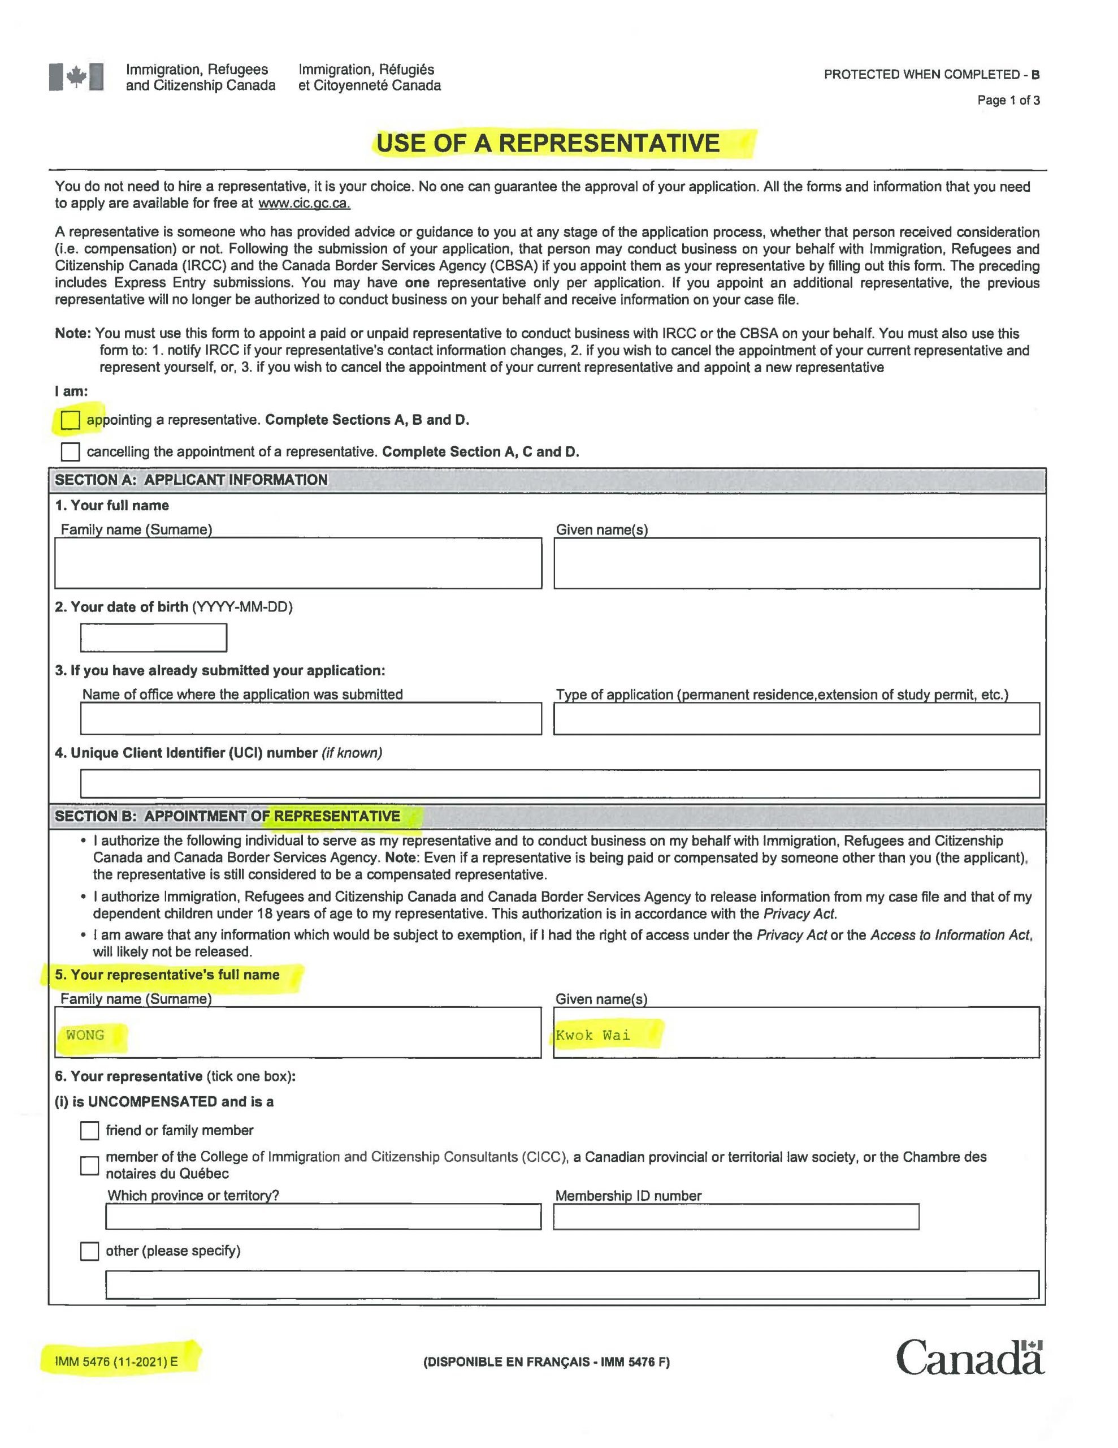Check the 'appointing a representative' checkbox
(x=70, y=420)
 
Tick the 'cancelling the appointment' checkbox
(x=70, y=451)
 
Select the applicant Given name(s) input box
(x=796, y=563)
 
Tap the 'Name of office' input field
(x=310, y=719)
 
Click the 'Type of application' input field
(x=796, y=719)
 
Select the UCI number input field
(x=560, y=783)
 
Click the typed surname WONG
(x=85, y=1035)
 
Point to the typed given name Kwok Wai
(x=592, y=1035)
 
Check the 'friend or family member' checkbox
(x=89, y=1131)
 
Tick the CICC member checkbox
(x=89, y=1165)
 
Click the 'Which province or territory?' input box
(x=323, y=1217)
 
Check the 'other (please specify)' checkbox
(x=89, y=1251)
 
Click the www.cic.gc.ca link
(x=304, y=204)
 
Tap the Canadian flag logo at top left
(x=76, y=77)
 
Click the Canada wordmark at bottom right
(x=969, y=1357)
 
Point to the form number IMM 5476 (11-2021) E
(x=116, y=1362)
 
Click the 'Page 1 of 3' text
(x=1008, y=100)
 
